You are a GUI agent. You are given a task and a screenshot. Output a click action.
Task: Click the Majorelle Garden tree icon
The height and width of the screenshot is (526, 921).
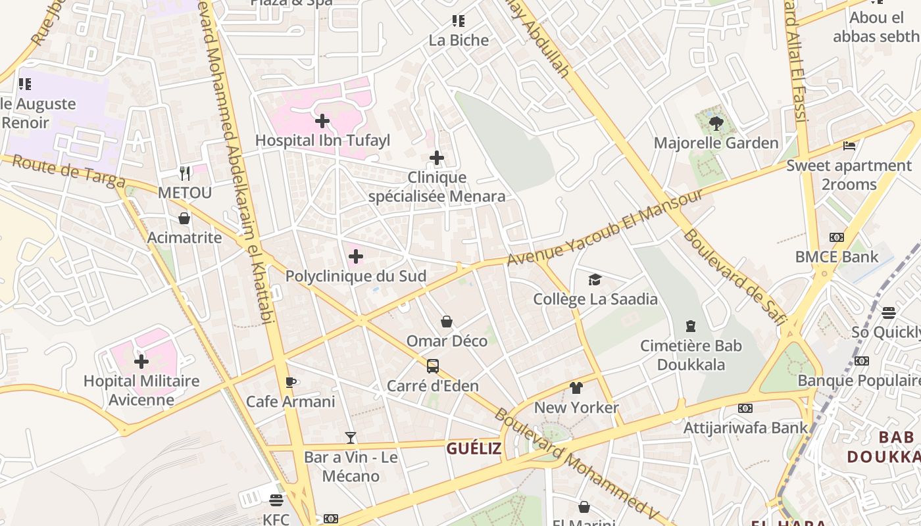(716, 123)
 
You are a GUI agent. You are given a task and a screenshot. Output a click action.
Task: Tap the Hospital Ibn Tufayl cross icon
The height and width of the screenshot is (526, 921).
(322, 121)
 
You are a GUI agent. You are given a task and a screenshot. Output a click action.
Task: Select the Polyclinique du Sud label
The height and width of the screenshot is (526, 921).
(355, 276)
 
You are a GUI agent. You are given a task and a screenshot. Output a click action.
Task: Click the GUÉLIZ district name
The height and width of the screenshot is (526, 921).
(474, 448)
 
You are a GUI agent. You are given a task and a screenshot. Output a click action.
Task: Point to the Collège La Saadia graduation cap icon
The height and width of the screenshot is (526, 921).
(595, 280)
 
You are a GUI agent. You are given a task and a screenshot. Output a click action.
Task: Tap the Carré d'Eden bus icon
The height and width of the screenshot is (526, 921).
(433, 366)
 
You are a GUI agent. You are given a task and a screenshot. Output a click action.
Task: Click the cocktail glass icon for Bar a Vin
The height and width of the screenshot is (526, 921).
(351, 437)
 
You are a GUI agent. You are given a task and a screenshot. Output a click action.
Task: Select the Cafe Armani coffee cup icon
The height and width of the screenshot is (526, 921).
(291, 382)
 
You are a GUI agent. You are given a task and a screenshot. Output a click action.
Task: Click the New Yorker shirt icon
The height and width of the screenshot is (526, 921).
(576, 388)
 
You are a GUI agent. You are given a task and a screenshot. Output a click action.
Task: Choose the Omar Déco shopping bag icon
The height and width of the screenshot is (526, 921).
(447, 322)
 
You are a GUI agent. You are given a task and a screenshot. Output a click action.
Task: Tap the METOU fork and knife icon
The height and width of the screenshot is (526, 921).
(185, 174)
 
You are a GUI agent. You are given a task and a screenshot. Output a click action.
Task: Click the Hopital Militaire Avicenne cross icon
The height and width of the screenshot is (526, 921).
(141, 362)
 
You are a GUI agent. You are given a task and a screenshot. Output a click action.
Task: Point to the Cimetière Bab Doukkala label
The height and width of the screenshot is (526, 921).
(691, 355)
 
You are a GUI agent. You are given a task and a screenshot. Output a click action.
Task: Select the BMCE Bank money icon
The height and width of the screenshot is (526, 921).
(837, 237)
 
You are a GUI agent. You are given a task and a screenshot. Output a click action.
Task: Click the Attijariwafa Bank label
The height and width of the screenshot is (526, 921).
(745, 427)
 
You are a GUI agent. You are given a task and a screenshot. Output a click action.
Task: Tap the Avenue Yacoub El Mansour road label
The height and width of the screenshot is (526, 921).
(605, 227)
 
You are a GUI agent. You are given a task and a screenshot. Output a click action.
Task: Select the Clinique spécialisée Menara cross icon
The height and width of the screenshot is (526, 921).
(437, 158)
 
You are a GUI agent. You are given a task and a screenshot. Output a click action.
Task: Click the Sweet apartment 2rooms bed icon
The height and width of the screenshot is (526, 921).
(849, 146)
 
